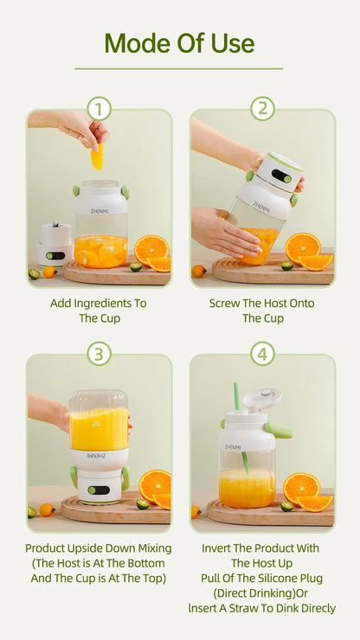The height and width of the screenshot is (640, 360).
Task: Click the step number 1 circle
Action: [99, 108]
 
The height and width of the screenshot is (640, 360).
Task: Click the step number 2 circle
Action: [262, 108]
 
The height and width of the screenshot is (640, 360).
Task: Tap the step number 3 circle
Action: [99, 354]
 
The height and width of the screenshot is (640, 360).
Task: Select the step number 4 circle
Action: [262, 354]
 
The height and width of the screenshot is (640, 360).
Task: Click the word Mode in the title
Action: [139, 42]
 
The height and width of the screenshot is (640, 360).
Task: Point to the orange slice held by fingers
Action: [97, 157]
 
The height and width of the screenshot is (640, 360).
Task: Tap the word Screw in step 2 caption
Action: [226, 304]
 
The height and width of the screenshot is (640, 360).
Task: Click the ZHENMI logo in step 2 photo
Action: [261, 205]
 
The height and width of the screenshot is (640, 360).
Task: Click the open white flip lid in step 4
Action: [262, 399]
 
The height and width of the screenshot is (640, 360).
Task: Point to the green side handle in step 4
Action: [279, 430]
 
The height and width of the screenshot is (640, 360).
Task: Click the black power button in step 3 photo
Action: [99, 490]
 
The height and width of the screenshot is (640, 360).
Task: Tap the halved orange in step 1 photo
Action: [151, 248]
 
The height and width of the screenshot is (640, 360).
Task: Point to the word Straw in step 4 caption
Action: [253, 609]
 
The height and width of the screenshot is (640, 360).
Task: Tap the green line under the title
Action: [179, 68]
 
